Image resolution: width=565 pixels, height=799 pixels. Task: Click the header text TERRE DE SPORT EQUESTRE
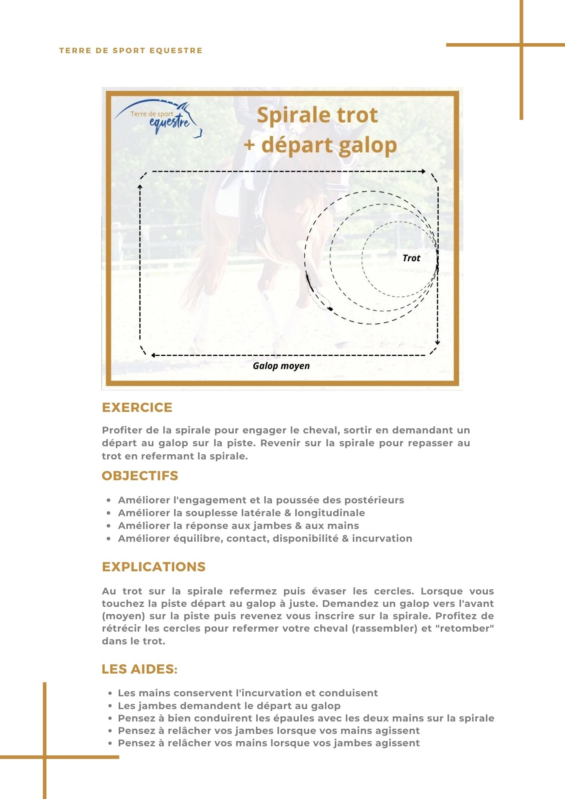click(x=131, y=51)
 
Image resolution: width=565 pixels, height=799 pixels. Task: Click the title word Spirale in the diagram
click(x=290, y=115)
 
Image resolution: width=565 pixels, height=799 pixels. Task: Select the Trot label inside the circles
click(x=411, y=258)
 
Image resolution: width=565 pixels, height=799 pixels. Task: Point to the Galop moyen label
click(x=281, y=366)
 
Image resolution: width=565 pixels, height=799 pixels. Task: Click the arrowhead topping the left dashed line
click(x=140, y=187)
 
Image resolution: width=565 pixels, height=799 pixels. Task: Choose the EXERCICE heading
click(x=137, y=407)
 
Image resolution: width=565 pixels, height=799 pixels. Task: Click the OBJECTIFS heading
click(x=140, y=476)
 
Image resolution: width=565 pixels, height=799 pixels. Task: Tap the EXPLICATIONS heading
click(x=153, y=567)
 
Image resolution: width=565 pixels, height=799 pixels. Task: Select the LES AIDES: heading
click(x=139, y=669)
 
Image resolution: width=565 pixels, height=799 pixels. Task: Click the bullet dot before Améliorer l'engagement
click(x=109, y=500)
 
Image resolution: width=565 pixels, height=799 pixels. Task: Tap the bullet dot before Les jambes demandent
click(x=109, y=706)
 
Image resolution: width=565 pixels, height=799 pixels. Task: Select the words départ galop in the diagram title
click(x=329, y=145)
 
